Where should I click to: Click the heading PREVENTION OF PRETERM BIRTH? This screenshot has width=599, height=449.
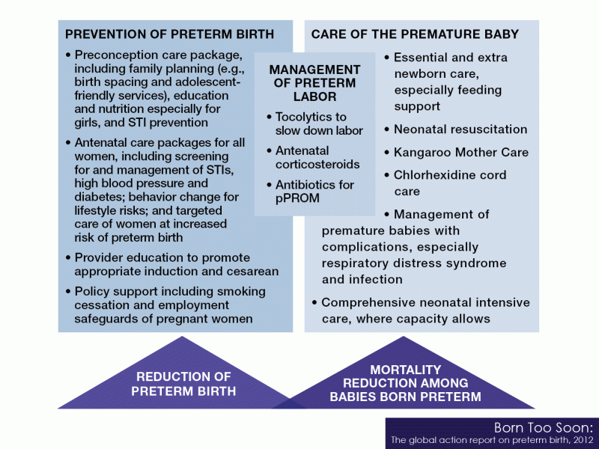point(169,34)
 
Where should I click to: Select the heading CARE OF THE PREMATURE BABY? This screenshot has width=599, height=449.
point(415,34)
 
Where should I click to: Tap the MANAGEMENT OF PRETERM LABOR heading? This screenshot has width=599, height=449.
point(314,83)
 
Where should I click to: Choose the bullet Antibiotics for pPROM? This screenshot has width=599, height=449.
point(314,191)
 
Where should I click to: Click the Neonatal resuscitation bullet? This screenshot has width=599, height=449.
point(460,129)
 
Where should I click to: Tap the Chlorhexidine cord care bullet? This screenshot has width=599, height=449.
point(450,183)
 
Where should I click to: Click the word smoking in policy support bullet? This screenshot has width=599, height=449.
point(242,292)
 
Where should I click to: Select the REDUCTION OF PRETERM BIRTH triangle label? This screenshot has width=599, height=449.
point(183,384)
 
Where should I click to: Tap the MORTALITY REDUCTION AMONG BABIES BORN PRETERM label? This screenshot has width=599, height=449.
point(405,383)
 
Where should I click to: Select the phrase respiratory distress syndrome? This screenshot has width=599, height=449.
point(414,263)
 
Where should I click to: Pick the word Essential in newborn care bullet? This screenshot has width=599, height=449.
point(420,58)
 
